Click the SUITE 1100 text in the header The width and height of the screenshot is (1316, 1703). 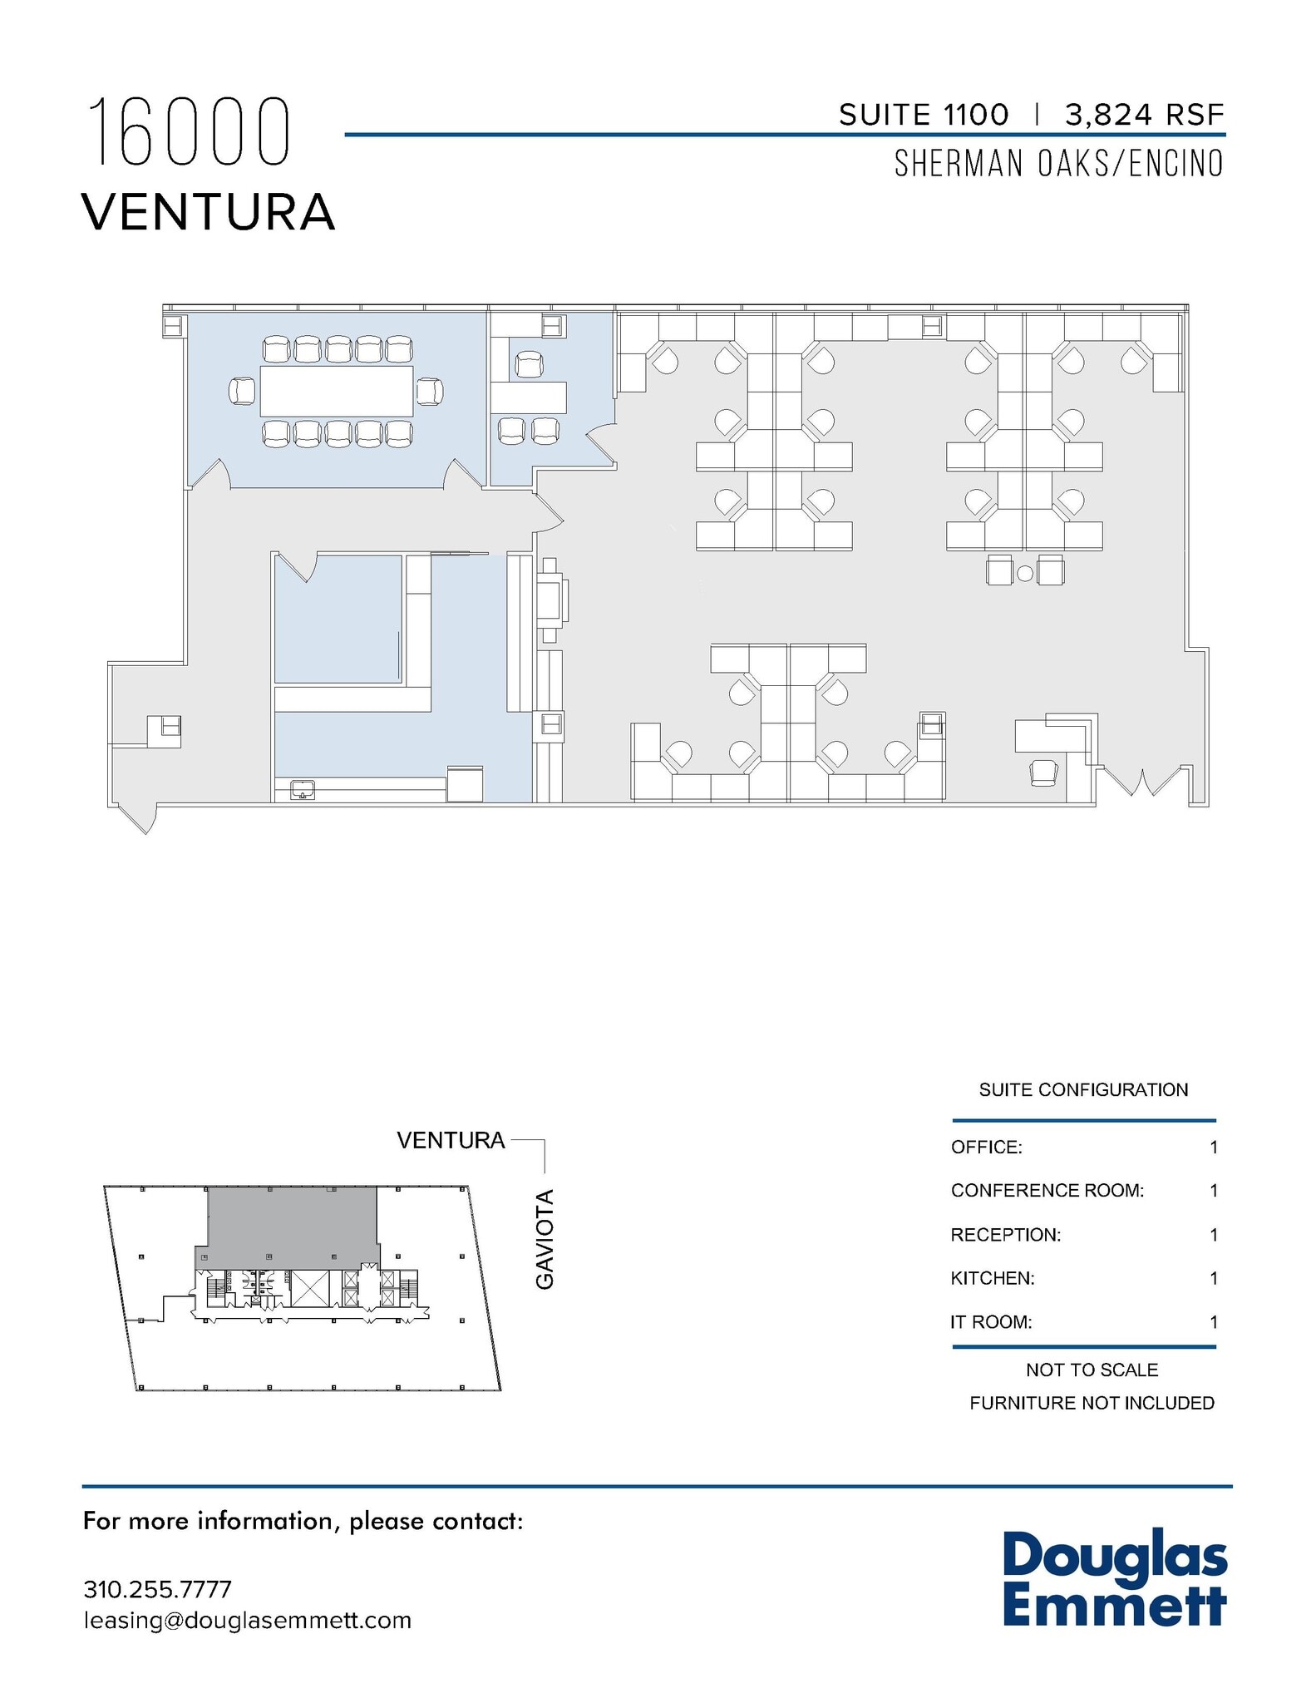(x=923, y=115)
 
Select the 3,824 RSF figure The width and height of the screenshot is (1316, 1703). (x=1144, y=115)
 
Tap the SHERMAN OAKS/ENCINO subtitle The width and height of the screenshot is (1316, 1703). (x=1058, y=164)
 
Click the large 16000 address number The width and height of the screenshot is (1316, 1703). (x=190, y=132)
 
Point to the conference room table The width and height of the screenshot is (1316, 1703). (x=337, y=391)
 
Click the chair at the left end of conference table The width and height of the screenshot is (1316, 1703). (x=243, y=391)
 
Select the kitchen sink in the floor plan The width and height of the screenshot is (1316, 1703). (x=303, y=789)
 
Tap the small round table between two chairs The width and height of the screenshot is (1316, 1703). (x=1025, y=572)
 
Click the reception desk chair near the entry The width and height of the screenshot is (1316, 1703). (x=1043, y=772)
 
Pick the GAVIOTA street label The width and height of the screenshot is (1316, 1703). (x=545, y=1239)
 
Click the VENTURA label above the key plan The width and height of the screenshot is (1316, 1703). (x=451, y=1140)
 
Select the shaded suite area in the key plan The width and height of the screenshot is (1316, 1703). (x=291, y=1222)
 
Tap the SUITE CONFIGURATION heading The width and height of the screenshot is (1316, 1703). (x=1083, y=1089)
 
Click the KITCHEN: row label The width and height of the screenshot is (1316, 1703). (x=993, y=1278)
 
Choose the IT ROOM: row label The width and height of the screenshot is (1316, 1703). (x=991, y=1322)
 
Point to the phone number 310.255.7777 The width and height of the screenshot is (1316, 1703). (x=157, y=1589)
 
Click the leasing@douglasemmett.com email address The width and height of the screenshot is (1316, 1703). (x=248, y=1621)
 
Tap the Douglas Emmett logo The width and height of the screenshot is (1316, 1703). (x=1114, y=1580)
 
